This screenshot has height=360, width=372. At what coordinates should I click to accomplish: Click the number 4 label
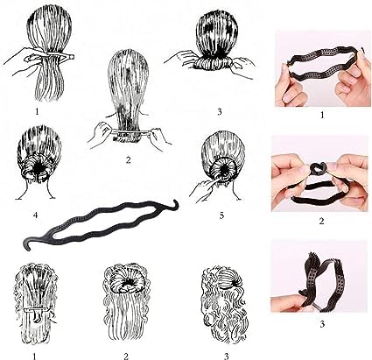pyautogui.click(x=35, y=215)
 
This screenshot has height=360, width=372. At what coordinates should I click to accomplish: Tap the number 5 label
pyautogui.click(x=221, y=215)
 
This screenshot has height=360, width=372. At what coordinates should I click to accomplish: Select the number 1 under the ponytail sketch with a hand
pyautogui.click(x=37, y=111)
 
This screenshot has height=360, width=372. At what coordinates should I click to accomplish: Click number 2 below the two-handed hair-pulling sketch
pyautogui.click(x=128, y=159)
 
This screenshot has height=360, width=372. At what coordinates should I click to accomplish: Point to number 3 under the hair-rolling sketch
pyautogui.click(x=220, y=111)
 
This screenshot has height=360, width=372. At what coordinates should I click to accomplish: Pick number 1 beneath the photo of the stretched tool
pyautogui.click(x=322, y=115)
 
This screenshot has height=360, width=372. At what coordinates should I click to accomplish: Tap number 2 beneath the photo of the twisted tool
pyautogui.click(x=321, y=221)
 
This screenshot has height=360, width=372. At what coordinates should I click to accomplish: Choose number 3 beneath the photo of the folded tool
pyautogui.click(x=322, y=324)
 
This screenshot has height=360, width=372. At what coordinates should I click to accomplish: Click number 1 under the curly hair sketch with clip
pyautogui.click(x=34, y=356)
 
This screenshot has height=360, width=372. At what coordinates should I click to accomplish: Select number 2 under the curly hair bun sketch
pyautogui.click(x=126, y=356)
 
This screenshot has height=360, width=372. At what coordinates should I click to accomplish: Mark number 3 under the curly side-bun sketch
pyautogui.click(x=226, y=356)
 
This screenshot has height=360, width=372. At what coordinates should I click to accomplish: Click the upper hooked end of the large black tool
pyautogui.click(x=175, y=204)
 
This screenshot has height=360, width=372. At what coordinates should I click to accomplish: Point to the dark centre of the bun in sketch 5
pyautogui.click(x=223, y=170)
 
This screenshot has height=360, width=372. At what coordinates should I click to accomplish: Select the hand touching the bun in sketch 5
pyautogui.click(x=203, y=187)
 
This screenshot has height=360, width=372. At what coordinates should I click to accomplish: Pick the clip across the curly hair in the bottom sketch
pyautogui.click(x=37, y=309)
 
